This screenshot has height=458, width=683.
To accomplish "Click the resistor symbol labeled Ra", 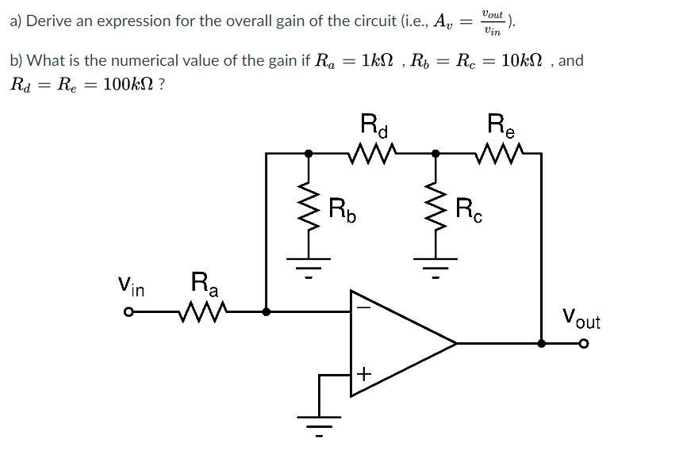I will click(x=205, y=311).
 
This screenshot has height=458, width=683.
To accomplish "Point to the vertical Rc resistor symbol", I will click(x=434, y=210).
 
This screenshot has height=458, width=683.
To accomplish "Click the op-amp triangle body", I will click(x=397, y=343).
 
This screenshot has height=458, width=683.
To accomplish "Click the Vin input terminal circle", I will click(x=126, y=312).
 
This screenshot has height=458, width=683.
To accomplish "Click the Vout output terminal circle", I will click(x=585, y=344).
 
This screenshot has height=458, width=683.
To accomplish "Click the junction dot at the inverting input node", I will click(x=267, y=312).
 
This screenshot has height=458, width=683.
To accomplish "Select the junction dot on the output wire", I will click(x=541, y=344).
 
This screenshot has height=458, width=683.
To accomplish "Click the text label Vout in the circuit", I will click(x=581, y=319).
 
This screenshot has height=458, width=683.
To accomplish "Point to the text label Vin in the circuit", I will click(x=131, y=285).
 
